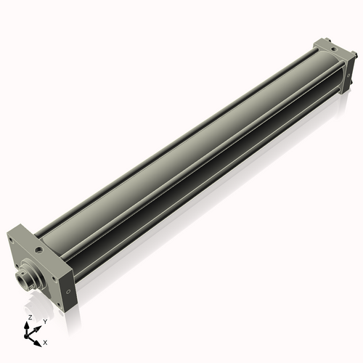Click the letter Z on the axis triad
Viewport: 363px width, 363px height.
pyautogui.click(x=30, y=318)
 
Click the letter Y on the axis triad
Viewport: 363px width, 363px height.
pyautogui.click(x=45, y=321)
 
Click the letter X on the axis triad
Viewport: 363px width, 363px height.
pyautogui.click(x=45, y=341)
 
